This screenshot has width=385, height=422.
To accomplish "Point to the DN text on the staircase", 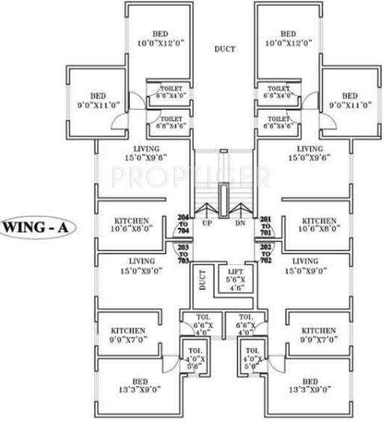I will click(x=240, y=223).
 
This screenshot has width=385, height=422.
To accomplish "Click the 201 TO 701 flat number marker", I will click(x=265, y=224).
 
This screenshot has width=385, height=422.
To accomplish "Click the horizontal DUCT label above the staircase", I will click(x=224, y=49).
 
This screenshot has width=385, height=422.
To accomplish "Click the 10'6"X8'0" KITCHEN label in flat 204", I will click(x=132, y=226).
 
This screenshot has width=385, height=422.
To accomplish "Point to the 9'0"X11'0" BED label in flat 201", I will click(x=350, y=101).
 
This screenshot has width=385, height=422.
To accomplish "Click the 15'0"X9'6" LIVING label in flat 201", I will click(x=309, y=154).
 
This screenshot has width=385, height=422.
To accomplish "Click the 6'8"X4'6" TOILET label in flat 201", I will click(x=278, y=122).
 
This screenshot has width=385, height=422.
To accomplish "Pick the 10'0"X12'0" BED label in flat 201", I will click(x=289, y=39).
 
